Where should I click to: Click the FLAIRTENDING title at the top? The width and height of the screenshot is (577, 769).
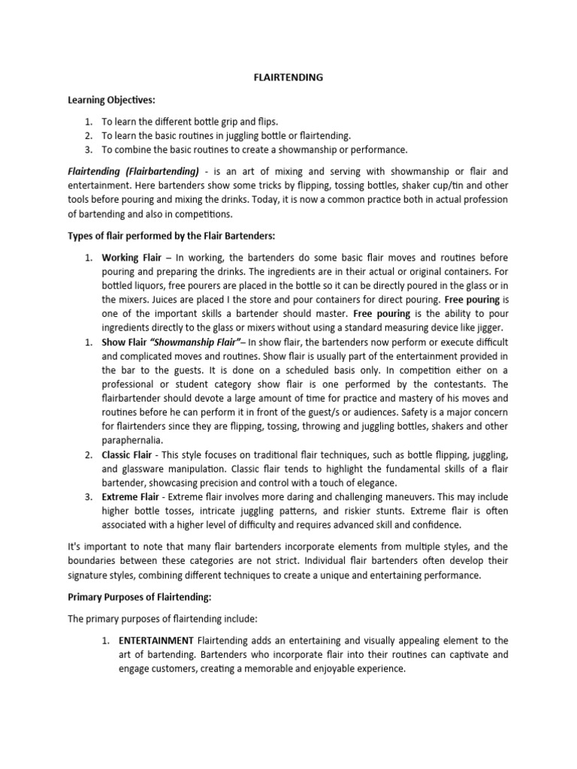288,76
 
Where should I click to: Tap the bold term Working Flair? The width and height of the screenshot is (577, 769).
131,258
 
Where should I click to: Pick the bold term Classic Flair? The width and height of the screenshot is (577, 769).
131,454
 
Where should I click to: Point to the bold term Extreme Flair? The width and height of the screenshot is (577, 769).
131,497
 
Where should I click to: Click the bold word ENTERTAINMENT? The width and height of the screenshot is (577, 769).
155,641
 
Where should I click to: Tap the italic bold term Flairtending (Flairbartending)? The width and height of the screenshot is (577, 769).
134,171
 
